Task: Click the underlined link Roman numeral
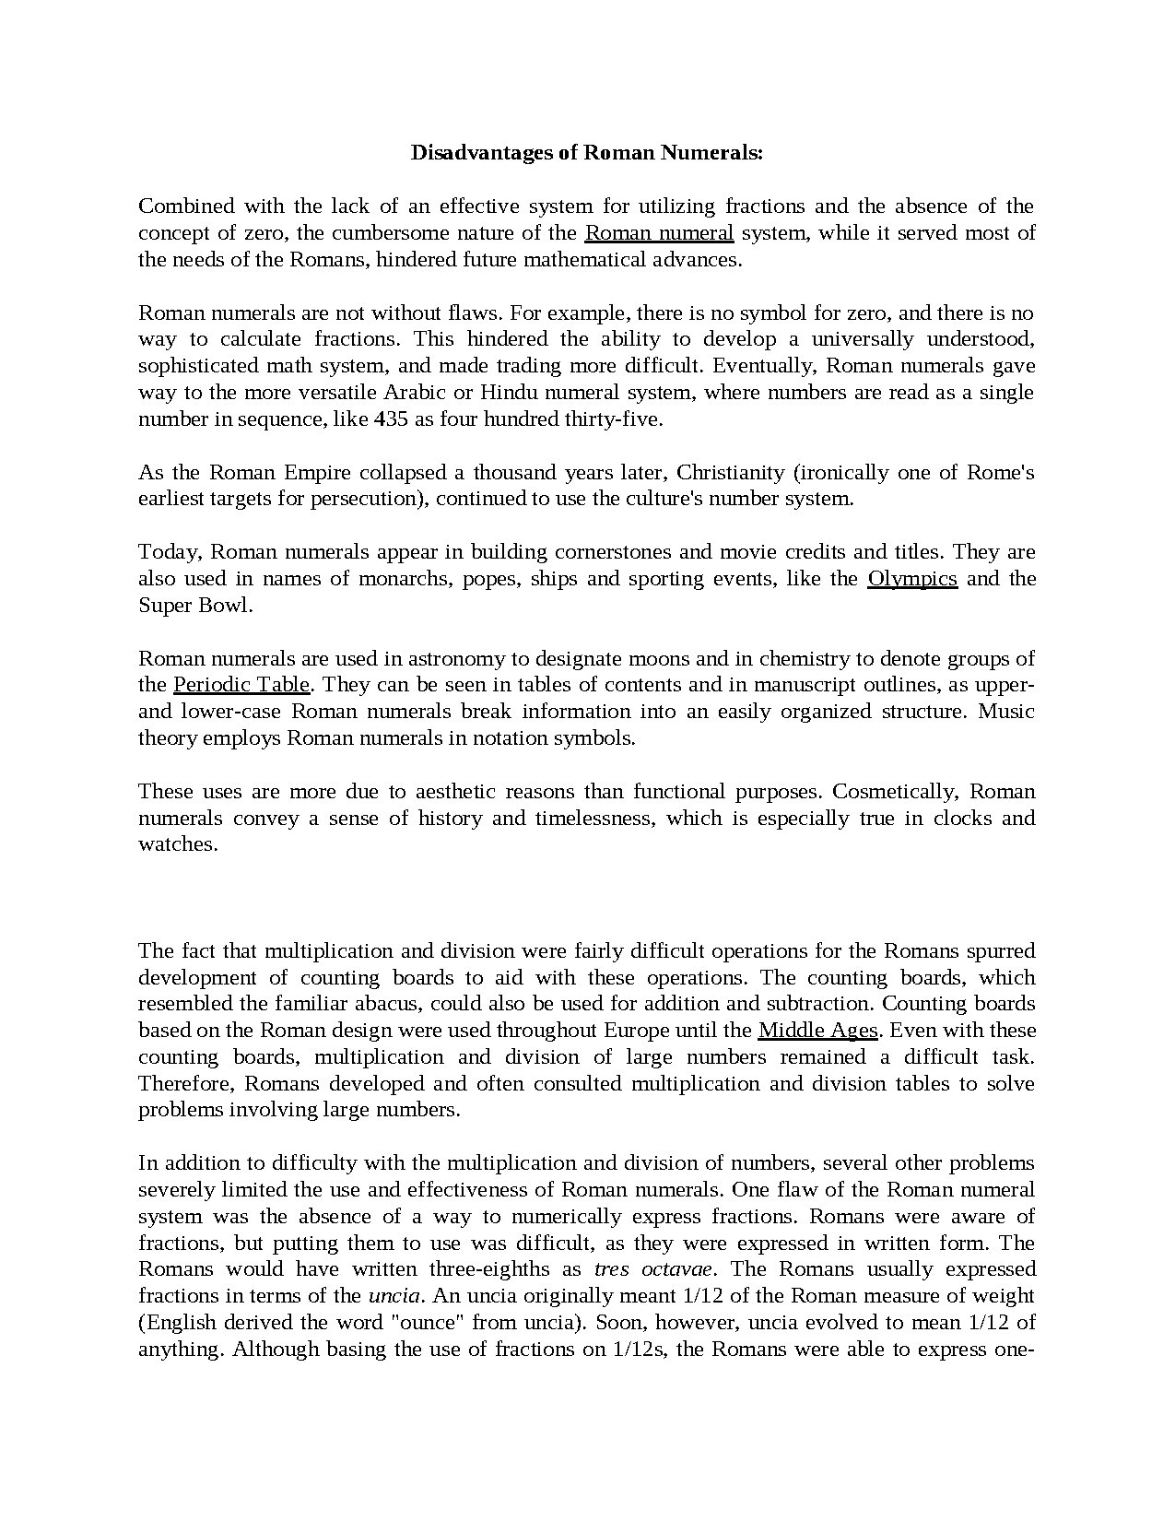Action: (659, 232)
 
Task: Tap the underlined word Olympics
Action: (912, 579)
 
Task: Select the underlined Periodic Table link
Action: (241, 685)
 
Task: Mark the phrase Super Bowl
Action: (194, 606)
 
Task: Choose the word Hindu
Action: (509, 393)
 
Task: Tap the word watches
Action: (178, 844)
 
